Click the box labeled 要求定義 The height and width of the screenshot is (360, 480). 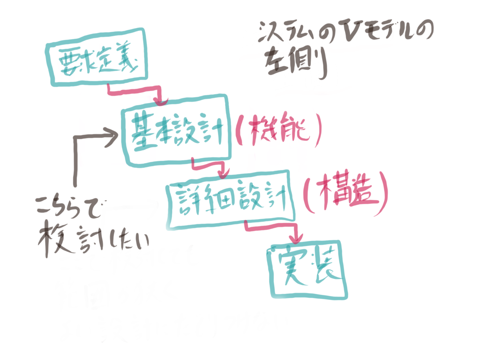[x=97, y=59]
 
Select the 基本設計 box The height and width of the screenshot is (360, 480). [x=176, y=132]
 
